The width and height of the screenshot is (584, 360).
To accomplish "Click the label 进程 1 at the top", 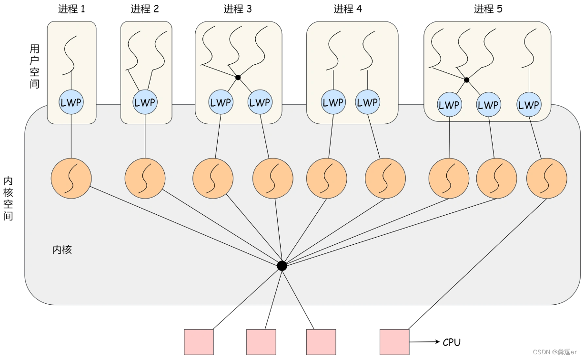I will click(71, 9).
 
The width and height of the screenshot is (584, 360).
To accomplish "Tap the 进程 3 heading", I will click(238, 9).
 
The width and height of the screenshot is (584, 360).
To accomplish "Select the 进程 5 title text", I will click(488, 9).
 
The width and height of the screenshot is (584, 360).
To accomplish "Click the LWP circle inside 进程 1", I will click(71, 102).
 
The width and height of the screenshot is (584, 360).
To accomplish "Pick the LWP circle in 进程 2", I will click(144, 102).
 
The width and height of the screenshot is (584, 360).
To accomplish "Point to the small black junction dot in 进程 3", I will click(238, 77).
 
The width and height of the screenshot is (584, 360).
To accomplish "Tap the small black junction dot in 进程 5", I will click(466, 80).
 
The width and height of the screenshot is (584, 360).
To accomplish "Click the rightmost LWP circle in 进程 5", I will click(528, 105).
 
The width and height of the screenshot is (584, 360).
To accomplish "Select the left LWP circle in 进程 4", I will click(332, 102).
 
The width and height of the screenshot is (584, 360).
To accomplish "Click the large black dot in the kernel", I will click(282, 266).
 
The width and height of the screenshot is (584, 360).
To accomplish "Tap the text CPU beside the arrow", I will click(452, 342).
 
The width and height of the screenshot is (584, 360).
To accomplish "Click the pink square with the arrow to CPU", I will click(394, 342).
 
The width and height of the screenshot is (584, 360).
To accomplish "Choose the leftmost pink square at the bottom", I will click(199, 342).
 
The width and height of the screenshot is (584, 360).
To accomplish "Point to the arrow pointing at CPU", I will click(424, 342).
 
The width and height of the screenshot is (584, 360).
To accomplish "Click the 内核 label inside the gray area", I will click(62, 250).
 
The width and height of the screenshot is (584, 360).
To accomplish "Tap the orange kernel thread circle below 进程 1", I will click(71, 178).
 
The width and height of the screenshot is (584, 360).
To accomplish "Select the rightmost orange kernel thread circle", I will click(546, 179).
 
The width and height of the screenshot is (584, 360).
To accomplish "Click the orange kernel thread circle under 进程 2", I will click(145, 179).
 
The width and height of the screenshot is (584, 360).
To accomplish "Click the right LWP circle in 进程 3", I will click(260, 102).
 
